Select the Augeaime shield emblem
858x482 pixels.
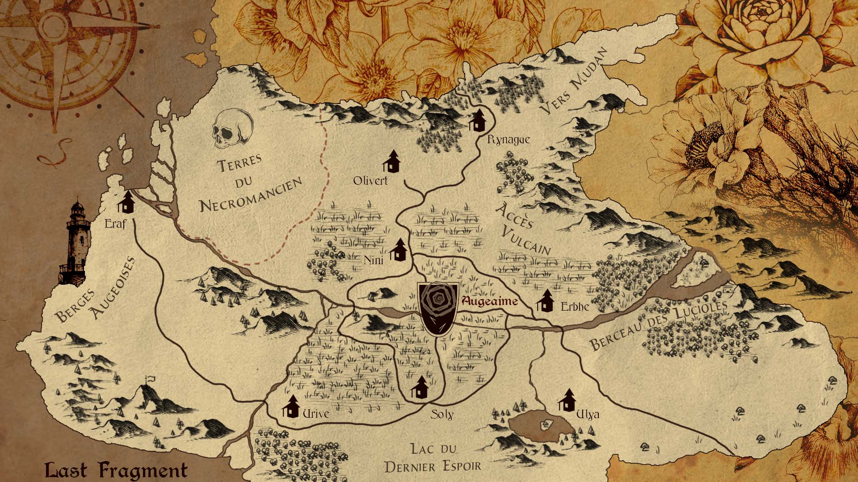pyautogui.click(x=438, y=308)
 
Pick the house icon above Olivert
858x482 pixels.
pyautogui.click(x=392, y=161)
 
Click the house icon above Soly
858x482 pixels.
pyautogui.click(x=419, y=387)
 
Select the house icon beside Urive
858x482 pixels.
pyautogui.click(x=291, y=406)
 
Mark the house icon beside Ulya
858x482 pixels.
pyautogui.click(x=567, y=400)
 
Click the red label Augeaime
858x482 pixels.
pyautogui.click(x=490, y=302)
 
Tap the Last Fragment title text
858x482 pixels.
pyautogui.click(x=116, y=470)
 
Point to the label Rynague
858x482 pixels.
pyautogui.click(x=509, y=140)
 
